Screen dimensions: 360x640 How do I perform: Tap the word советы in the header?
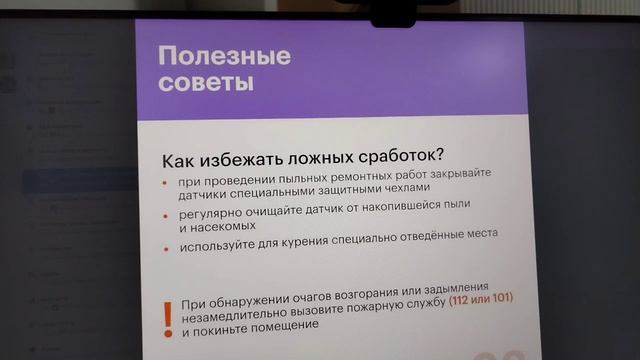pyautogui.click(x=206, y=81)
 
